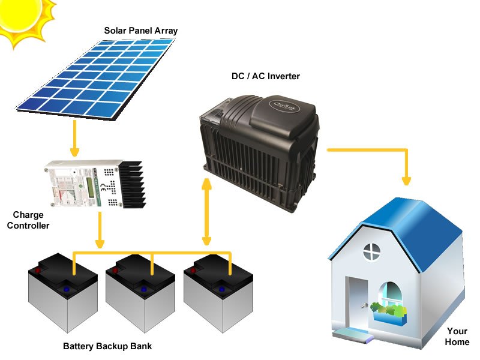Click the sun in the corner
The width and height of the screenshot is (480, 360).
[x=21, y=18]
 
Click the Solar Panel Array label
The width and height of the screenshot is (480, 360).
[x=141, y=31]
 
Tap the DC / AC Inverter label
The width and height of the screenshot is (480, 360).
[x=266, y=77]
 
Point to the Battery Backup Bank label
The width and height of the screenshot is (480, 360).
[x=107, y=346]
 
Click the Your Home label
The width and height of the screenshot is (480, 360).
[x=457, y=337]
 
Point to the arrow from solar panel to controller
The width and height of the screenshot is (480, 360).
[x=74, y=138]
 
